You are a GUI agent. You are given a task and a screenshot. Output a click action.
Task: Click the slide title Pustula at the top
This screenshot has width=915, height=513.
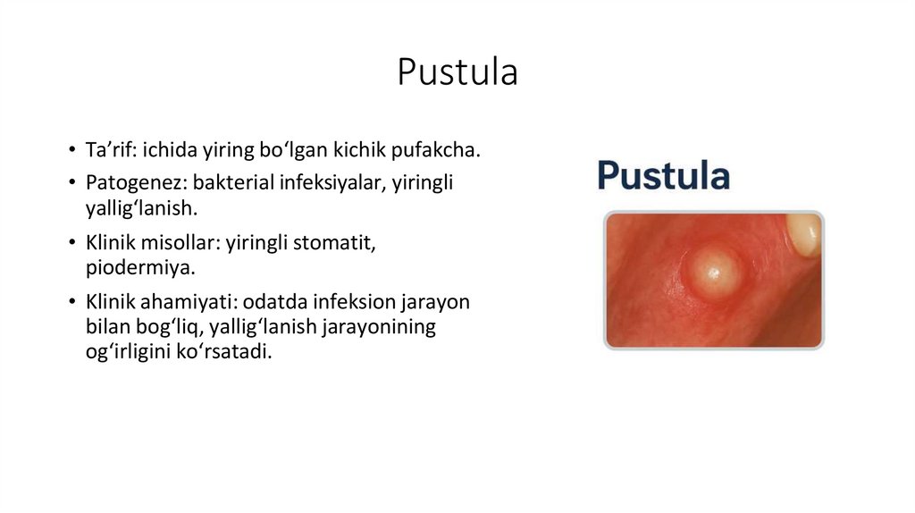click(x=457, y=72)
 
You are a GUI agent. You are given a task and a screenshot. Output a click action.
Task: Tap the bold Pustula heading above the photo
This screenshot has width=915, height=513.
click(x=663, y=175)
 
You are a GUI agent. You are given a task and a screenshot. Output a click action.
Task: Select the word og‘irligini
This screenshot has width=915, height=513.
click(x=121, y=351)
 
